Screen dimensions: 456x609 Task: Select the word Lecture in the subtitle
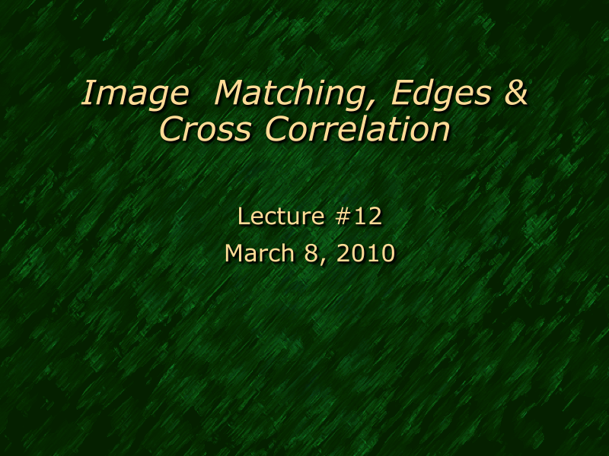point(281,217)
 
